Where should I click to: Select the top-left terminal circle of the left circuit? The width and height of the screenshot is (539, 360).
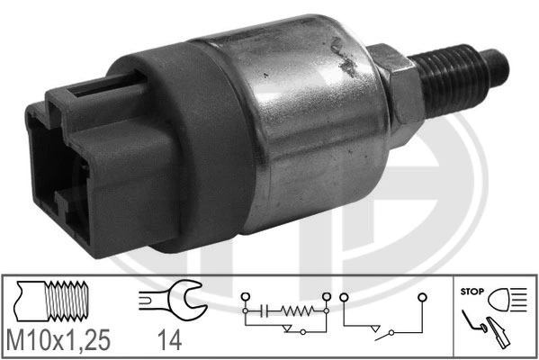[242, 297]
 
